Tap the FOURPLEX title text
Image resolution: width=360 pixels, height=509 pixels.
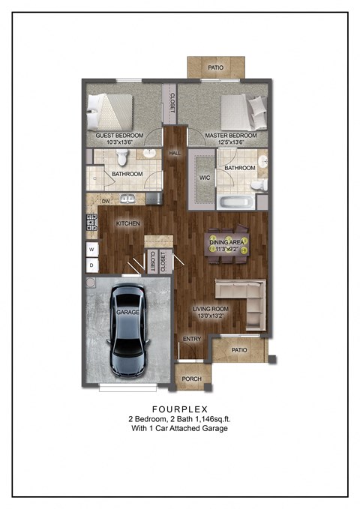coord(180,409)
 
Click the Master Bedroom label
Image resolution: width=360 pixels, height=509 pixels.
coord(231,136)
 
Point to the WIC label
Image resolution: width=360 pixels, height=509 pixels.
coord(204,178)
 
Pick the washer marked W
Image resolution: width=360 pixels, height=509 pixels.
coord(92,249)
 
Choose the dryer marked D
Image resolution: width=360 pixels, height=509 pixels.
coord(92,265)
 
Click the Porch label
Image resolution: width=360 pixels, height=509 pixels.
coord(192,379)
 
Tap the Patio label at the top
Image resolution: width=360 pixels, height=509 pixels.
coord(214,68)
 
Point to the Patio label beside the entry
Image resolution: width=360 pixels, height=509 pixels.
coord(239,349)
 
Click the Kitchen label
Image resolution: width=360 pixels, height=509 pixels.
coord(127,223)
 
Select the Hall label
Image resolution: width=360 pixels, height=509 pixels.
coord(175,153)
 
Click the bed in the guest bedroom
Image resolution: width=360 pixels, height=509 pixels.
coord(110,112)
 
